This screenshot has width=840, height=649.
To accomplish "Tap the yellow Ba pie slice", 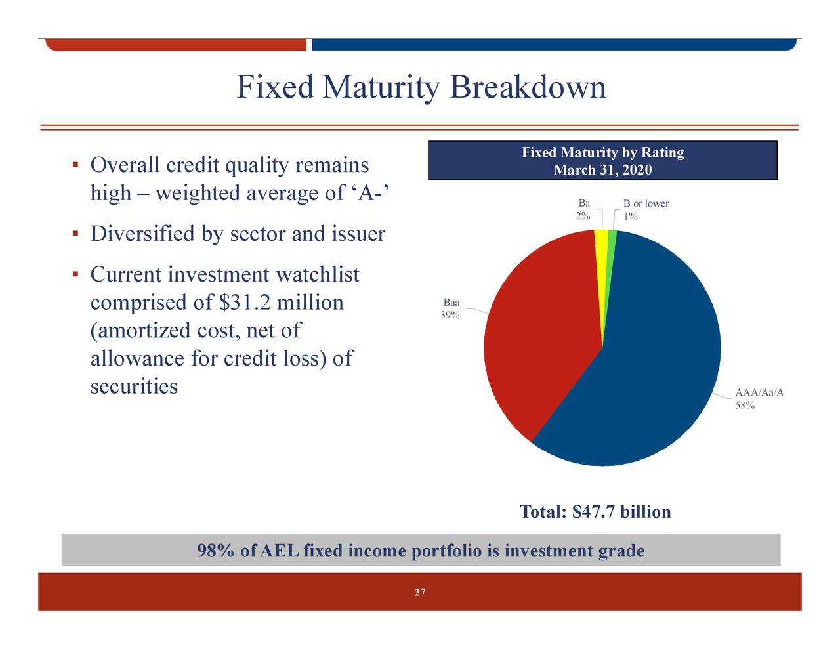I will (600, 249).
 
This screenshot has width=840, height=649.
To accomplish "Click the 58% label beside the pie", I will (744, 406).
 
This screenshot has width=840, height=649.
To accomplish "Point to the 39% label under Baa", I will (450, 315).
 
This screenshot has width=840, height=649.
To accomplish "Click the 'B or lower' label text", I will (646, 204).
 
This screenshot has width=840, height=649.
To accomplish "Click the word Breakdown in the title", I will (528, 88).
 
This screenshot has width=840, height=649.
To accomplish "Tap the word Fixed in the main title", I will (275, 88).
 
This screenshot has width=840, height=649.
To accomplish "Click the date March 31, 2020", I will (602, 171).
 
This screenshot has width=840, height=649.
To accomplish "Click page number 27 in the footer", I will (420, 593).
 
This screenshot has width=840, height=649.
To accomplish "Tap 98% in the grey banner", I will (216, 551).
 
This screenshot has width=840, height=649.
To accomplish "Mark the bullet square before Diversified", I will (75, 234).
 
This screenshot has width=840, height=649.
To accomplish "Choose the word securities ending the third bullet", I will (134, 387).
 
